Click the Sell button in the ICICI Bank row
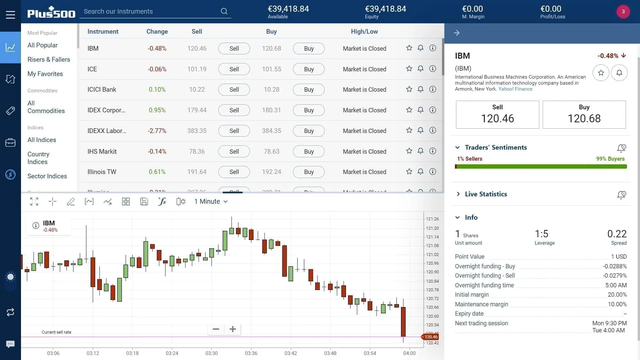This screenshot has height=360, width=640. pyautogui.click(x=234, y=90)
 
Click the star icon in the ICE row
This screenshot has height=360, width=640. pyautogui.click(x=409, y=69)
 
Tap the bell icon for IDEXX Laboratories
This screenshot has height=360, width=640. pyautogui.click(x=420, y=130)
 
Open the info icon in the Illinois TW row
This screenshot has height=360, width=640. pyautogui.click(x=433, y=172)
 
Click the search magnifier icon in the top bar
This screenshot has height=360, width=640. pyautogui.click(x=224, y=11)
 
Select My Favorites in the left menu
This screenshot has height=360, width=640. pyautogui.click(x=45, y=74)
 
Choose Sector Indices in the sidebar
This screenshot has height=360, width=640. pyautogui.click(x=47, y=176)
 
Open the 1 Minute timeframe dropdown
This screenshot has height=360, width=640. pyautogui.click(x=211, y=202)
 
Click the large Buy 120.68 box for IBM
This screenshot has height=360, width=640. pyautogui.click(x=584, y=115)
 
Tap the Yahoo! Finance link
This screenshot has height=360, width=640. pyautogui.click(x=515, y=89)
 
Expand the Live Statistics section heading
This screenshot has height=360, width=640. pyautogui.click(x=486, y=194)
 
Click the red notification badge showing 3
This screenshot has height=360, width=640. pyautogui.click(x=623, y=12)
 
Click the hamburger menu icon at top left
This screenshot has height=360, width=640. pyautogui.click(x=10, y=15)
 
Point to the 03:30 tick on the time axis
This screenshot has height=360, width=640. pyautogui.click(x=211, y=353)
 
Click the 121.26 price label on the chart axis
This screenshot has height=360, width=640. pyautogui.click(x=432, y=219)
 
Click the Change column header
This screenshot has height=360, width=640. pyautogui.click(x=157, y=32)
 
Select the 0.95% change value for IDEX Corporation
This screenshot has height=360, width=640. pyautogui.click(x=157, y=110)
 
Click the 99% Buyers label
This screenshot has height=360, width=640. pyautogui.click(x=610, y=159)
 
